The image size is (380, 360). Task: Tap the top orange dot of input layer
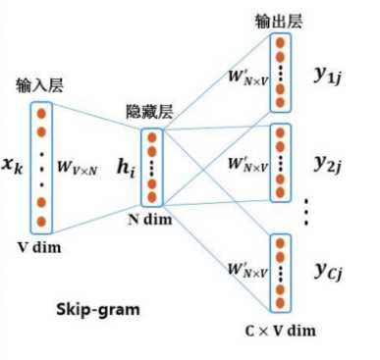pyautogui.click(x=41, y=112)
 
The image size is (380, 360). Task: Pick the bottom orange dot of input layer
pyautogui.click(x=41, y=221)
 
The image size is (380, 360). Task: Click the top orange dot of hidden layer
pyautogui.click(x=151, y=137)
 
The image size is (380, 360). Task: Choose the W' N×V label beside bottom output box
pyautogui.click(x=240, y=266)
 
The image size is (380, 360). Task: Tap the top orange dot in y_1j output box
pyautogui.click(x=281, y=44)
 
